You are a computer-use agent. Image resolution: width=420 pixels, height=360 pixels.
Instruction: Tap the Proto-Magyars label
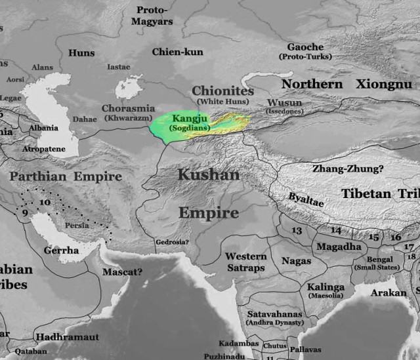pyautogui.click(x=155, y=16)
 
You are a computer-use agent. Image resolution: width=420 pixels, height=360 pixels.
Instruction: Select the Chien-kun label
pyautogui.click(x=177, y=52)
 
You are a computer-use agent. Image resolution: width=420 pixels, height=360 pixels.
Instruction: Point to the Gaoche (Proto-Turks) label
pyautogui.click(x=306, y=47)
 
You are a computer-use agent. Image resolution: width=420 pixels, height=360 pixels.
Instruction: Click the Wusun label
pyautogui.click(x=284, y=103)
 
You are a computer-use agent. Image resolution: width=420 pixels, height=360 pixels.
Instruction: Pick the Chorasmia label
pyautogui.click(x=128, y=108)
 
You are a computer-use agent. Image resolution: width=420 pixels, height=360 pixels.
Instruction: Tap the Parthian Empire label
pyautogui.click(x=66, y=177)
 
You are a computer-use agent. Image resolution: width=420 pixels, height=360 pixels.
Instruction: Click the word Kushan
pyautogui.click(x=209, y=175)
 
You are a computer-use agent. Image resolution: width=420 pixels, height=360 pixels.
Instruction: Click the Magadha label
pyautogui.click(x=339, y=247)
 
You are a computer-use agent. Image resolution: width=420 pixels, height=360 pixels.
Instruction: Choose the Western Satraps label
pyautogui.click(x=246, y=262)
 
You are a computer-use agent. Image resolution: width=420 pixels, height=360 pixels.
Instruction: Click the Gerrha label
pyautogui.click(x=61, y=250)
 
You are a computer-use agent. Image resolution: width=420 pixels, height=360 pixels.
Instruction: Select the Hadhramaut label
pyautogui.click(x=67, y=336)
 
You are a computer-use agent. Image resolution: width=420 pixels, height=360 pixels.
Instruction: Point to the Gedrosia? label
pyautogui.click(x=172, y=242)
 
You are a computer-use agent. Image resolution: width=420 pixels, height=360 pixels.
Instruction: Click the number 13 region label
pyautogui.click(x=297, y=231)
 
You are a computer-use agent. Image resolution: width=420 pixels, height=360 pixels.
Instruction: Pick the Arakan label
pyautogui.click(x=388, y=292)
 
